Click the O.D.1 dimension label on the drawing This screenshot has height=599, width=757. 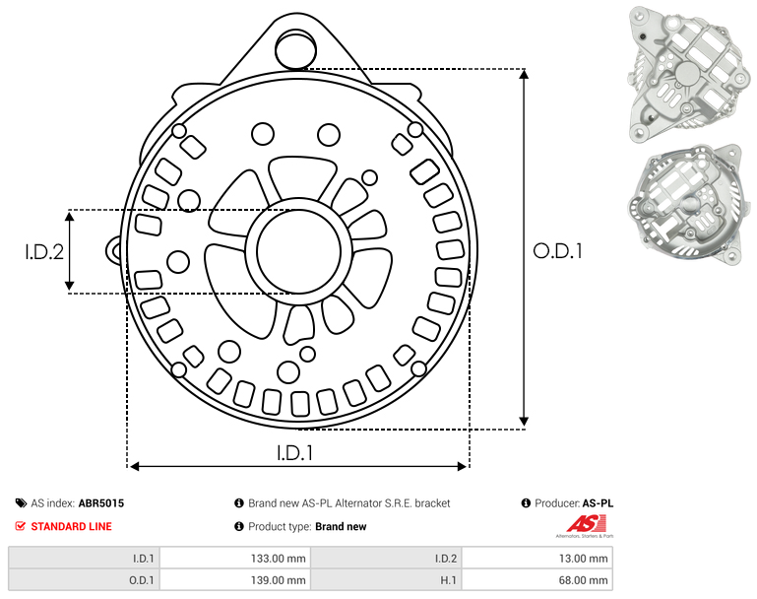pyautogui.click(x=557, y=251)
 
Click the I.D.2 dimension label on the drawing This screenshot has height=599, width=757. pyautogui.click(x=44, y=252)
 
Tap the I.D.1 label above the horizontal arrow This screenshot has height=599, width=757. pyautogui.click(x=295, y=453)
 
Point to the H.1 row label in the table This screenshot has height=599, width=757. pyautogui.click(x=448, y=580)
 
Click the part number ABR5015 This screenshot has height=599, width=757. pyautogui.click(x=101, y=503)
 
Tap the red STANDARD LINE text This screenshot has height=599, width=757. pyautogui.click(x=72, y=526)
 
